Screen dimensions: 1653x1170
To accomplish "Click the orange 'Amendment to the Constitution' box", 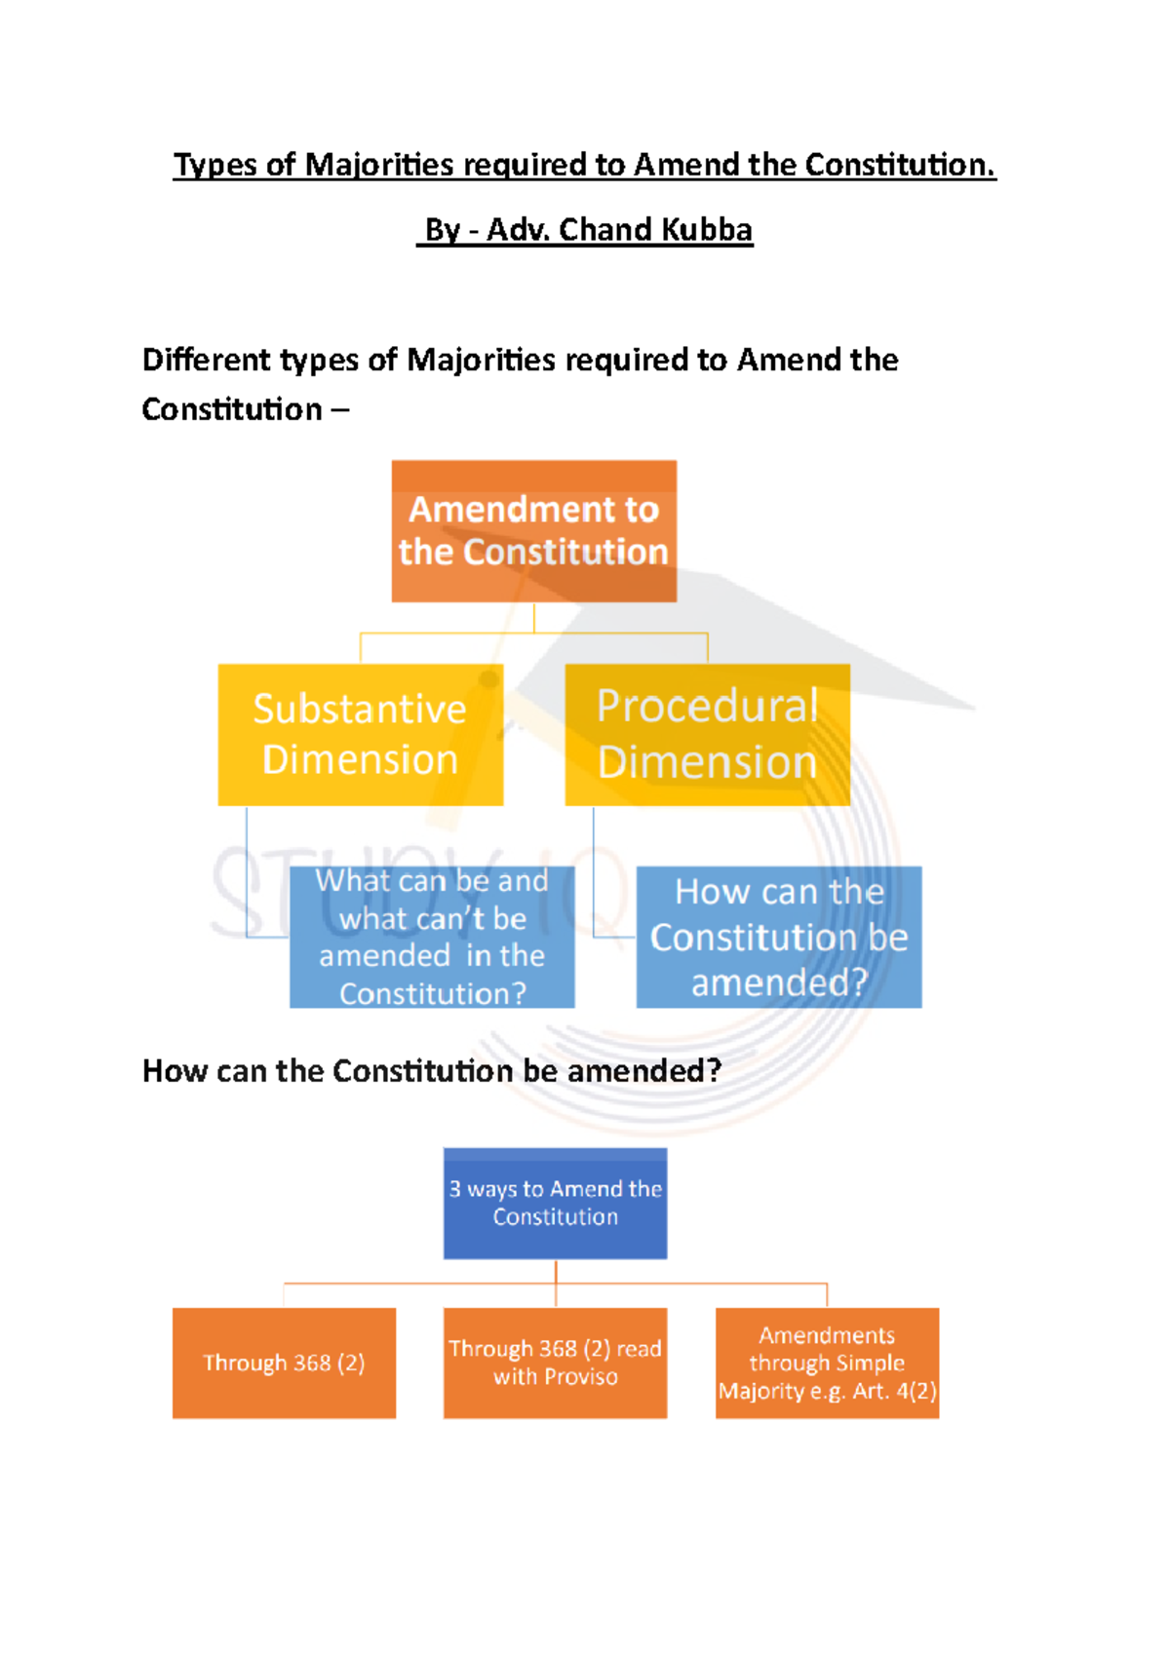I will tap(533, 531).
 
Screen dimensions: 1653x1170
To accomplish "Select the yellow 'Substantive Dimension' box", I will tap(360, 735).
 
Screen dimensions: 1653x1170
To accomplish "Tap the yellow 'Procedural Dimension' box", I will tap(707, 735).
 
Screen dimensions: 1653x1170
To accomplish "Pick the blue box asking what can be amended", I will tap(432, 937).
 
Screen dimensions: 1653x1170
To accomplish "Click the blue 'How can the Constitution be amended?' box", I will tap(778, 937).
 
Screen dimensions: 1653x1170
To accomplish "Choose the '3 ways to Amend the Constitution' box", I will tap(555, 1203).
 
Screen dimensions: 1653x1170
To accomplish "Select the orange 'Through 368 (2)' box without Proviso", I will tap(284, 1363).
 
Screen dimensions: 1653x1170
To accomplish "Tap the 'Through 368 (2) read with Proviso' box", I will tap(555, 1363).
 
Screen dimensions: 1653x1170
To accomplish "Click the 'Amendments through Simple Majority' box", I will tap(827, 1363).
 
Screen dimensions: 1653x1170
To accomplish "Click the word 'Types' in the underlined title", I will tap(215, 165).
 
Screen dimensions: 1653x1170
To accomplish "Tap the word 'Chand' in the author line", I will tap(604, 230).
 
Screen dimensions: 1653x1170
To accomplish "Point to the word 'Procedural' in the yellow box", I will tap(707, 706).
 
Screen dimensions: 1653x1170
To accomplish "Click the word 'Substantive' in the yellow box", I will tap(360, 709).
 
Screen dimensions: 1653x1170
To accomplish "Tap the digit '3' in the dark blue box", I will tap(455, 1189).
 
